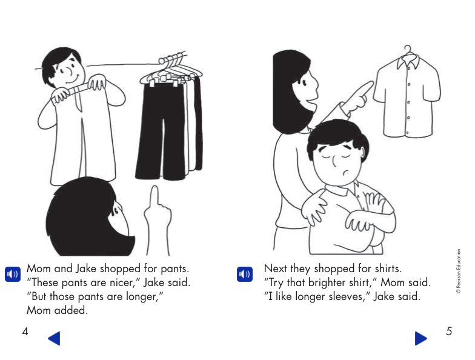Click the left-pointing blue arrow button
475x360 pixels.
pyautogui.click(x=54, y=338)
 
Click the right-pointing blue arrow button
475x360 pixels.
pyautogui.click(x=420, y=338)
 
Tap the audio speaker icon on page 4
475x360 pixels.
pyautogui.click(x=13, y=275)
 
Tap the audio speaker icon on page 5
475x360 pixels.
pyautogui.click(x=244, y=275)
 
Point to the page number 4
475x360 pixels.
pyautogui.click(x=25, y=332)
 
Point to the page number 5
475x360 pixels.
pyautogui.click(x=448, y=332)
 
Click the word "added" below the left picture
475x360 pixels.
pyautogui.click(x=73, y=310)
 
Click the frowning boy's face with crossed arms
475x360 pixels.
pyautogui.click(x=339, y=161)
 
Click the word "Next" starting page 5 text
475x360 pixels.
pyautogui.click(x=277, y=268)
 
